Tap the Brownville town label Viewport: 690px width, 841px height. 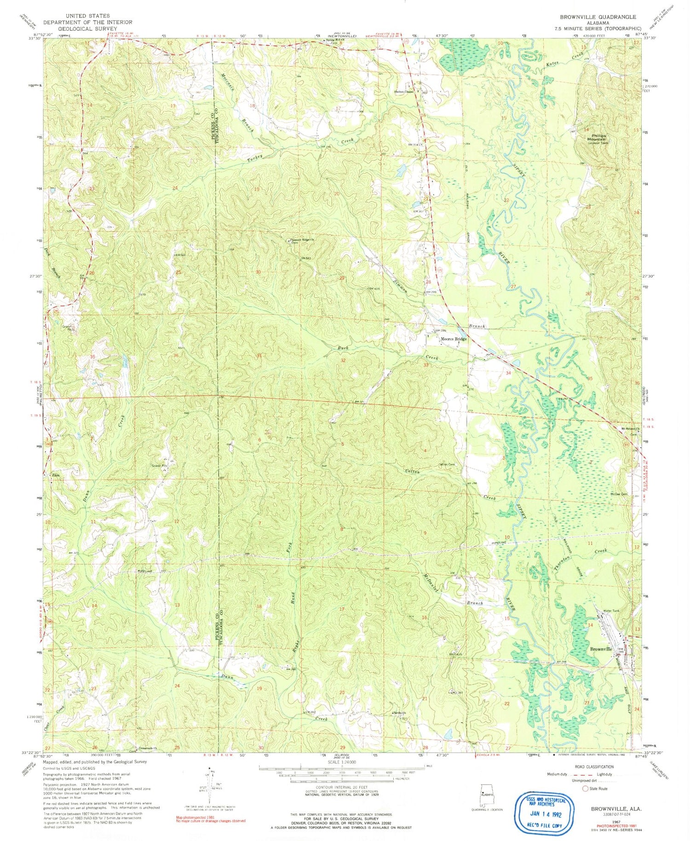click(x=601, y=649)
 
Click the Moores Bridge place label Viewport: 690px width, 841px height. click(x=454, y=339)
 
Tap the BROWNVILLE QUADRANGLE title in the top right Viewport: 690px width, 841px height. click(x=598, y=17)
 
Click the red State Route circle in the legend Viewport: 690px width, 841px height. click(x=586, y=789)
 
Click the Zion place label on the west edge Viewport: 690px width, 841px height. click(x=56, y=475)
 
